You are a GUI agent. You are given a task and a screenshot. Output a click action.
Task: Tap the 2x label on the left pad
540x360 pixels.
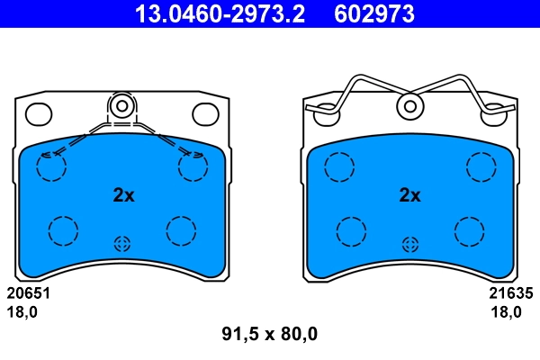click(x=123, y=194)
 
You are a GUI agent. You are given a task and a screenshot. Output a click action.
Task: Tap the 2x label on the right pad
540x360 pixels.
click(x=409, y=194)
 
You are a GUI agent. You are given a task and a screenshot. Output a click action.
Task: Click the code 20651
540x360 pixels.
click(x=28, y=293)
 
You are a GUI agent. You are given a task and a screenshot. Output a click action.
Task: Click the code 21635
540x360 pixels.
click(x=511, y=293)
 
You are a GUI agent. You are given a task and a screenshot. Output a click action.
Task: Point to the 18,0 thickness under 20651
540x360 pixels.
click(x=22, y=312)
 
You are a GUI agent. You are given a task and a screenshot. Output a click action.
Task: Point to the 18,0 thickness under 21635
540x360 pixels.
click(x=505, y=312)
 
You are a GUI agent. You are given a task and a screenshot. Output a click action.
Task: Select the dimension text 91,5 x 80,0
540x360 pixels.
click(x=270, y=335)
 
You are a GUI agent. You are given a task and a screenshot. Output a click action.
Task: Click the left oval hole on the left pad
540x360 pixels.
click(x=38, y=113)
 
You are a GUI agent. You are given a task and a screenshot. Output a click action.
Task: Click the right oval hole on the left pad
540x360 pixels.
click(x=206, y=113)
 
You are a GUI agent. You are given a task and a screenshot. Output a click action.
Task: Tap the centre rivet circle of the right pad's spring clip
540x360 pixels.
click(x=410, y=106)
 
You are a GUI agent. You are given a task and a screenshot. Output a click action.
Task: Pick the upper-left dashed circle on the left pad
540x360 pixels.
click(x=51, y=166)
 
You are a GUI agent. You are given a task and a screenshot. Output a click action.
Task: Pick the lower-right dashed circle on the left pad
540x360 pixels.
click(x=181, y=230)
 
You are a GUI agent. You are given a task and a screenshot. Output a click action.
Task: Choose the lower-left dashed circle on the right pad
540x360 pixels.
click(x=352, y=230)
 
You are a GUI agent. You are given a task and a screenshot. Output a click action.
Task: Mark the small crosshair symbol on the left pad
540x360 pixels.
click(x=122, y=243)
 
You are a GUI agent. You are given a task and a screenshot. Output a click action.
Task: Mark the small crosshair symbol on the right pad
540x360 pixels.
click(x=410, y=243)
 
